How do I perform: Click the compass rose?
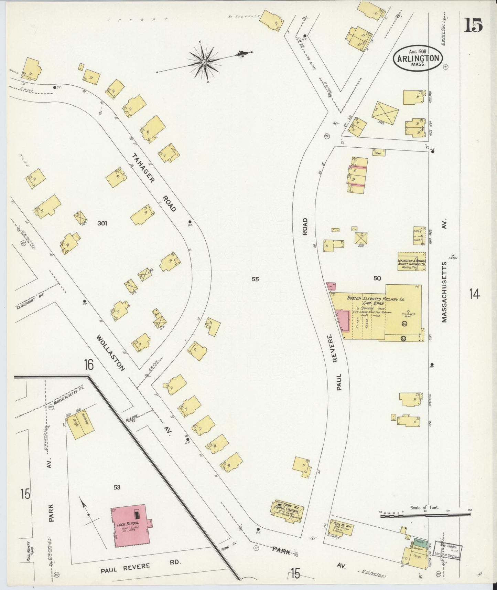coord(204,62)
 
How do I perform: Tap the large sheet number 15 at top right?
coord(473,25)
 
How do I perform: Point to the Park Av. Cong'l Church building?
coord(288,511)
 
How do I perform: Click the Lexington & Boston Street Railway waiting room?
coord(412,262)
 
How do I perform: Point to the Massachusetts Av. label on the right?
coord(444,292)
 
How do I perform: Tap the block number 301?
coord(102,223)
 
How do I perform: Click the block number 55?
coord(255,280)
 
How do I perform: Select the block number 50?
coord(377,278)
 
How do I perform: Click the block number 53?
coord(117,487)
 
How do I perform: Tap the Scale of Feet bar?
coord(425,515)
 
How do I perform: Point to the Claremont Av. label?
coord(31,300)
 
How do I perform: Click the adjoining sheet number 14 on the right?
coord(474,294)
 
